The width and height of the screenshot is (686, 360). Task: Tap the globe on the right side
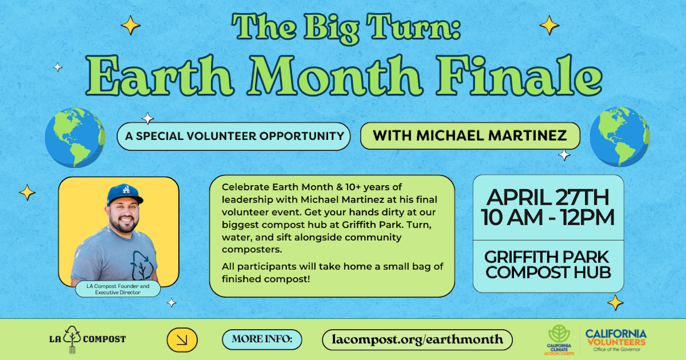[x=619, y=136]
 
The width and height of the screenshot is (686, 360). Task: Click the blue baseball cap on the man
[x=124, y=194]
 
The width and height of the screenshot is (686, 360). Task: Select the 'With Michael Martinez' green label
[x=470, y=136]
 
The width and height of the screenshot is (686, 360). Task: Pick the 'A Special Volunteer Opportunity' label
[x=233, y=136]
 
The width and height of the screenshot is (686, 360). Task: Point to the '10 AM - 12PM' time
[x=548, y=218]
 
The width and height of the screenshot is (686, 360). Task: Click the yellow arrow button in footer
[x=182, y=340]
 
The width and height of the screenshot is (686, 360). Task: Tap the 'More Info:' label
[x=262, y=339]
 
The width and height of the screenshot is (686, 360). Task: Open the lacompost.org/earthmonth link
[x=417, y=339]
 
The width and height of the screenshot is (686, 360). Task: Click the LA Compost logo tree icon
[x=72, y=338]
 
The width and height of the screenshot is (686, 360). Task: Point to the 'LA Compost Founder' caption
[x=118, y=289]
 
